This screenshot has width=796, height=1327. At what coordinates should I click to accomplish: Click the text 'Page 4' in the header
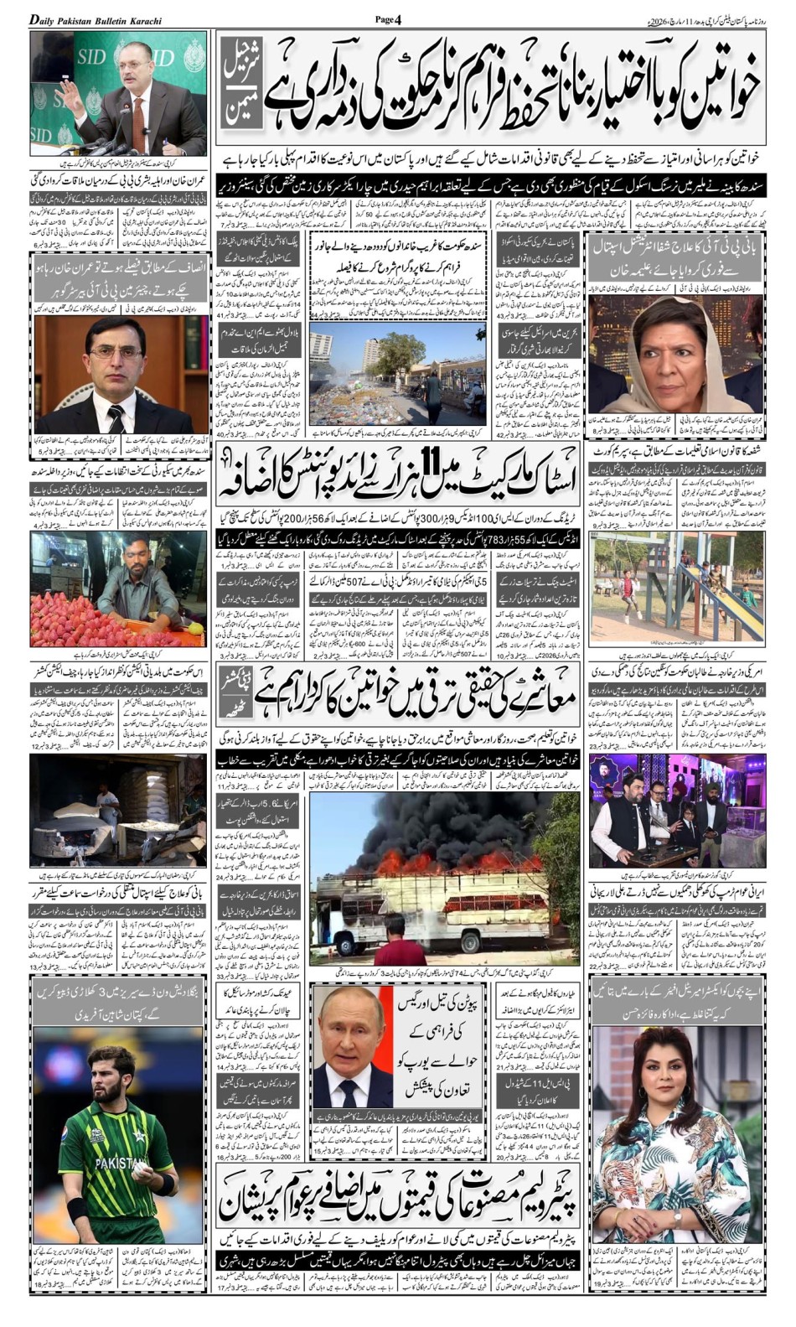coord(389,19)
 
